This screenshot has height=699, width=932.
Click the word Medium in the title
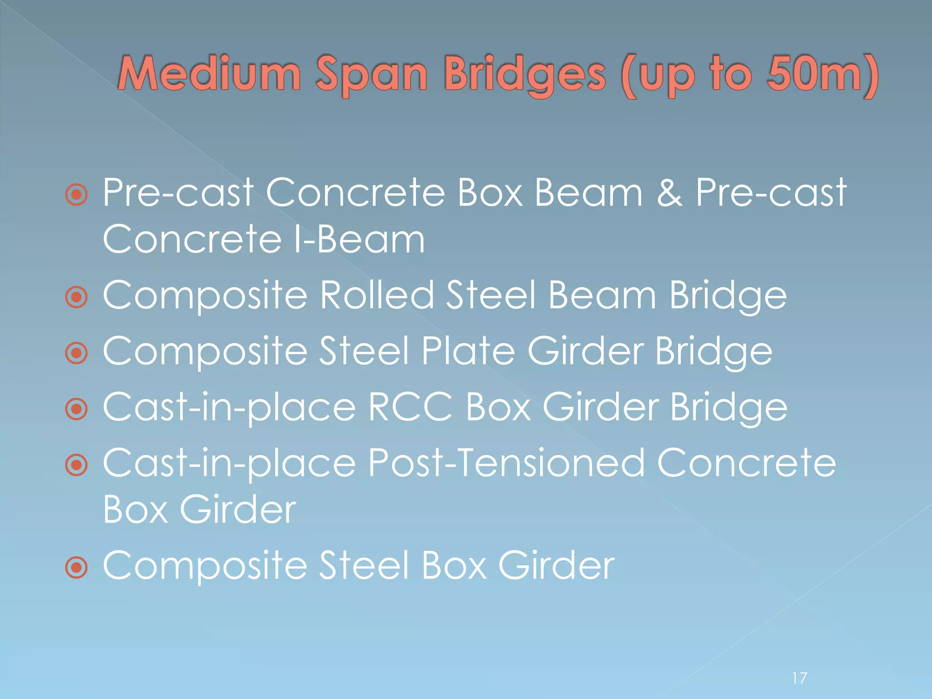[209, 74]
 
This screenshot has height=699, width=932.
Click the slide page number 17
[800, 678]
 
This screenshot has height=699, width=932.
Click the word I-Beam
[359, 240]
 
